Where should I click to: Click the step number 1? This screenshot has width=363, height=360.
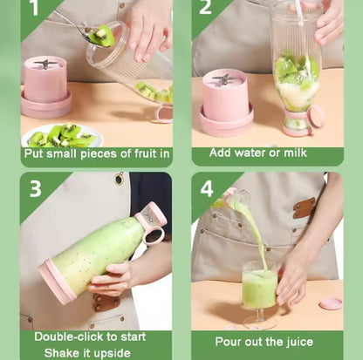coord(33,8)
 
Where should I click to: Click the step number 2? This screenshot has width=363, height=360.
coord(206,8)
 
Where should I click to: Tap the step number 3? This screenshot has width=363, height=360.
coord(36,188)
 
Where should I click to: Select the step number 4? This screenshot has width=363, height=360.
coord(207,188)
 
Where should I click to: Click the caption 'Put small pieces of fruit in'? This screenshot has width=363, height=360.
coord(97,153)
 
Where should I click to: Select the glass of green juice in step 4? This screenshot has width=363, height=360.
coord(259,291)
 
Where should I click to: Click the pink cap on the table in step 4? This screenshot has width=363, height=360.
coord(331,303)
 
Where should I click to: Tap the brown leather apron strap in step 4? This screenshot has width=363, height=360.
coord(305,207)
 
